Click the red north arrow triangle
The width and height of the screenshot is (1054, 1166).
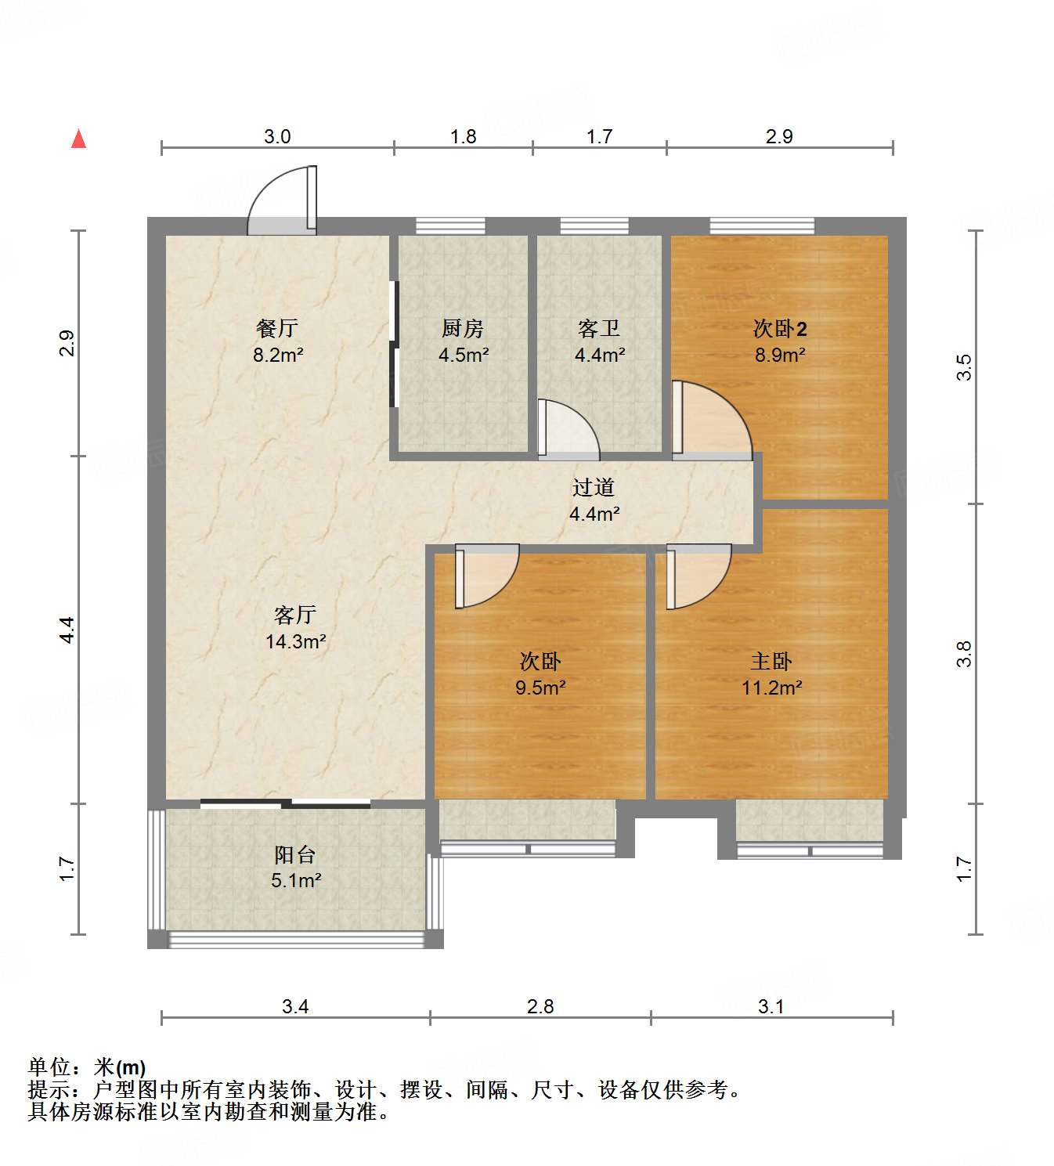(78, 139)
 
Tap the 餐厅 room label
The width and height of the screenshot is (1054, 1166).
(277, 328)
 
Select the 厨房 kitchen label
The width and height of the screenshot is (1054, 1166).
(463, 328)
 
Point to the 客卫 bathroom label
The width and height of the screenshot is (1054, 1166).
(599, 328)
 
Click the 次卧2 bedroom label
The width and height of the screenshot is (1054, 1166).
(780, 328)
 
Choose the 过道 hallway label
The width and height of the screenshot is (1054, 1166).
(594, 488)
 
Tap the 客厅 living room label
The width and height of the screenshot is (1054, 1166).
(295, 615)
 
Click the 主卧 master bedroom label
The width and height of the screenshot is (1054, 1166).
(771, 662)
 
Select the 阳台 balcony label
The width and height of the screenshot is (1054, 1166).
(295, 854)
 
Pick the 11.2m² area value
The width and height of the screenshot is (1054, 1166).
(771, 688)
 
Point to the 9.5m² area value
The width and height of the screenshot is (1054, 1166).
(540, 688)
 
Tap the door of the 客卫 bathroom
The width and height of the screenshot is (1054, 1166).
(569, 429)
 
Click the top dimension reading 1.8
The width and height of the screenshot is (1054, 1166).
(463, 136)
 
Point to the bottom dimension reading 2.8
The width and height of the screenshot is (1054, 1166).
(540, 1006)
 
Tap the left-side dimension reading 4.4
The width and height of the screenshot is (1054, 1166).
(67, 630)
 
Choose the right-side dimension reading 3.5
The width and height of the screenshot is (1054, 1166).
(964, 366)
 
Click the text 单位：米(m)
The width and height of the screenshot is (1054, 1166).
(87, 1067)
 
